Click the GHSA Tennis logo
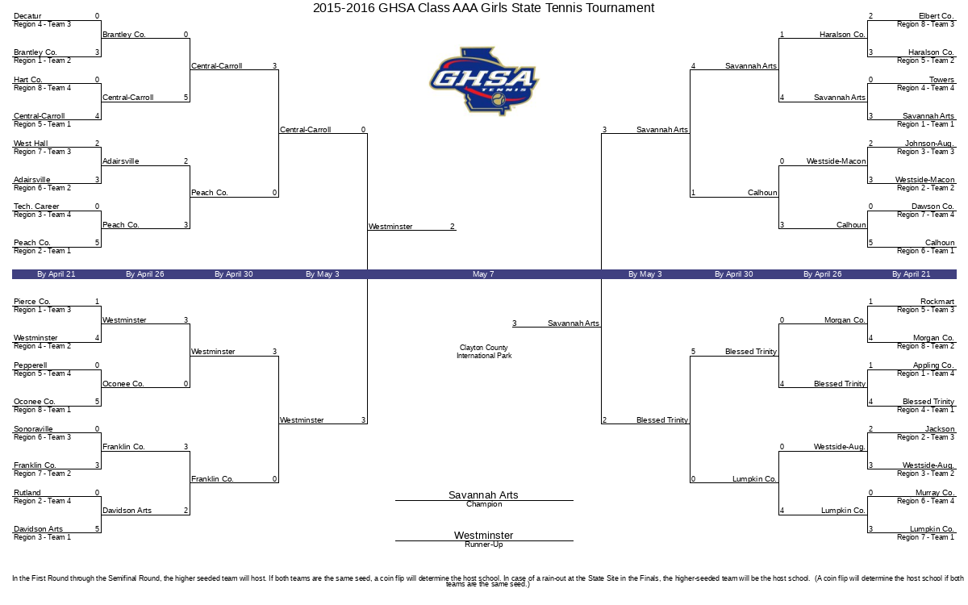coord(484,81)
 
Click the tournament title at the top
coord(483,8)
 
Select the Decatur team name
coord(27,16)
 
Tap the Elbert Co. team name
coord(936,16)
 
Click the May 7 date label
coord(483,274)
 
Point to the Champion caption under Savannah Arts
coord(484,504)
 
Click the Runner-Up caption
coord(484,544)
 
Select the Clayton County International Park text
coord(484,352)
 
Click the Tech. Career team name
coord(36,207)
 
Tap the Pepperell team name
coord(31,365)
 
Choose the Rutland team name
coord(27,493)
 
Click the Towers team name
coord(941,80)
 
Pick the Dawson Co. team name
coord(933,207)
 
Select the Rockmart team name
coord(937,302)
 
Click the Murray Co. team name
coord(935,493)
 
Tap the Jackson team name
coord(940,429)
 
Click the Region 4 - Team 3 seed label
coord(42,24)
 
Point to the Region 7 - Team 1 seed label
coord(926,537)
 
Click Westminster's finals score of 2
coord(453,227)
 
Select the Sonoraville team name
coord(33,429)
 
